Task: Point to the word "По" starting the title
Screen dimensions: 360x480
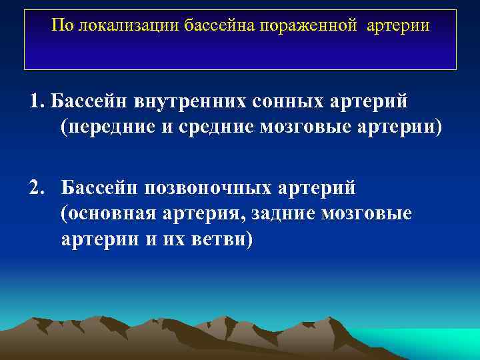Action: [x=63, y=26]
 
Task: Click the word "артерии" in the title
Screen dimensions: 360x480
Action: [x=403, y=26]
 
